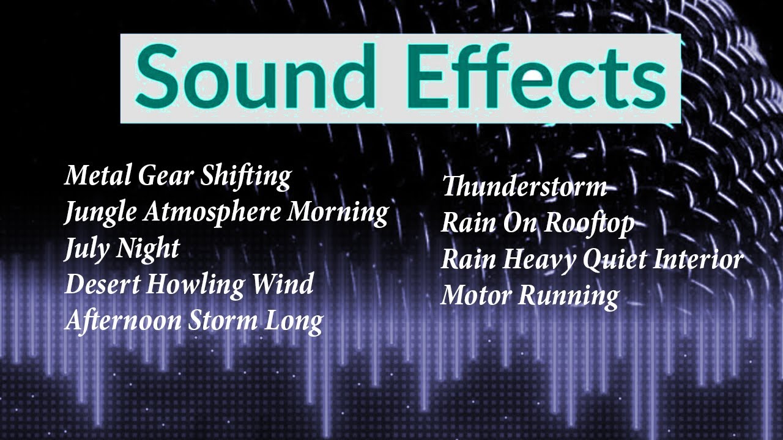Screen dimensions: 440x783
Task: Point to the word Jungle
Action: [102, 213]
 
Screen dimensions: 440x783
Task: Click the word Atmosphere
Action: [213, 213]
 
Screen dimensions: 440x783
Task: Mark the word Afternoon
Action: [123, 320]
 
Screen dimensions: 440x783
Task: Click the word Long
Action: [294, 321]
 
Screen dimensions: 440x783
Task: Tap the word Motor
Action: [477, 296]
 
